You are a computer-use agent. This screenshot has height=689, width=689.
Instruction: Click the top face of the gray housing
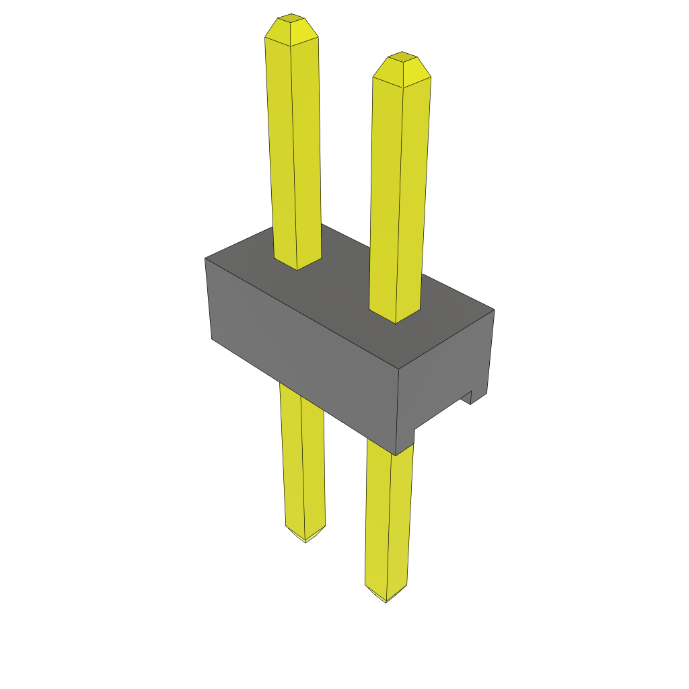coord(350,296)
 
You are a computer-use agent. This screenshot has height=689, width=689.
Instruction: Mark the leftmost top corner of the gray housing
coord(205,259)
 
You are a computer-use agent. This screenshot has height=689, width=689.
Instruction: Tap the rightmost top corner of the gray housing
coord(494,310)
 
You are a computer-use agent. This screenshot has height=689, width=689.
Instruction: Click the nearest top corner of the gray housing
coord(399,369)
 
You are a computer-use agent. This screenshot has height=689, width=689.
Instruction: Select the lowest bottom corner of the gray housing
coord(396,455)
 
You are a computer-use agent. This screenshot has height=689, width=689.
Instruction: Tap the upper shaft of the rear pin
coord(293,148)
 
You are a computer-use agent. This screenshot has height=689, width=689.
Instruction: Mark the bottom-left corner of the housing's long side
coord(212,338)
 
